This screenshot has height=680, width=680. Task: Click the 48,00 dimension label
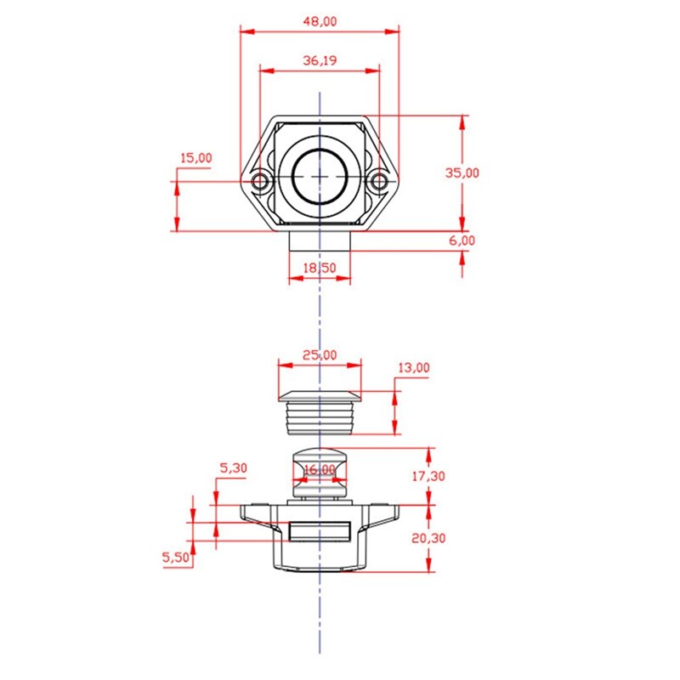pyautogui.click(x=319, y=22)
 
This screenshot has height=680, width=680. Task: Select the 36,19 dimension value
pyautogui.click(x=319, y=60)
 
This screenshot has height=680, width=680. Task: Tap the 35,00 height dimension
pyautogui.click(x=462, y=173)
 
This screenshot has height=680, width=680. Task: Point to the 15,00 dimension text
pyautogui.click(x=196, y=158)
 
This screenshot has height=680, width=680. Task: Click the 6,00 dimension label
pyautogui.click(x=462, y=241)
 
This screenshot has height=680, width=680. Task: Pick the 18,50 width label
pyautogui.click(x=320, y=268)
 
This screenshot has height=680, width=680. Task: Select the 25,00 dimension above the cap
pyautogui.click(x=319, y=355)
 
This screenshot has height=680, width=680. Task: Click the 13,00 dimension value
pyautogui.click(x=413, y=368)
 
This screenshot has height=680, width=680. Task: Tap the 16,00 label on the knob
pyautogui.click(x=320, y=469)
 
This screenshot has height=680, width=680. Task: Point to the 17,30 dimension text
pyautogui.click(x=428, y=477)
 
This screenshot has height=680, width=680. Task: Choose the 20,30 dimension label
pyautogui.click(x=428, y=538)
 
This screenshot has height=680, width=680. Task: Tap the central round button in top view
pyautogui.click(x=320, y=174)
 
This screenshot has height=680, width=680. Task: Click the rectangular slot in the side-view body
pyautogui.click(x=320, y=532)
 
